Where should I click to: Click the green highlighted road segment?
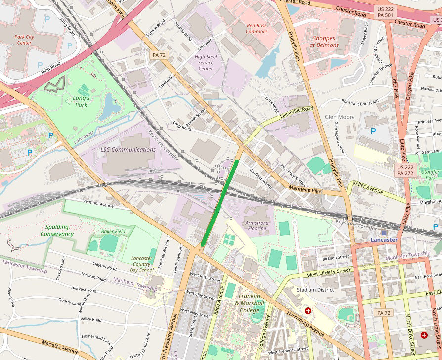[x=221, y=202]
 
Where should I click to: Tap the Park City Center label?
[x=24, y=40]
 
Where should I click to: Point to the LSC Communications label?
[x=128, y=150]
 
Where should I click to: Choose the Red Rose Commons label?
[x=257, y=28]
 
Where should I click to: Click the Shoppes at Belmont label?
[x=324, y=42]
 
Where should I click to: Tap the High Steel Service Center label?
[x=206, y=63]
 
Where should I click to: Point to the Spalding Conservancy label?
[x=57, y=231]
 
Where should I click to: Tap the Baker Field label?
[x=113, y=231]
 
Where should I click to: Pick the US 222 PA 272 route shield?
[x=405, y=170]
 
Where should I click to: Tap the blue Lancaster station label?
[x=384, y=240]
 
